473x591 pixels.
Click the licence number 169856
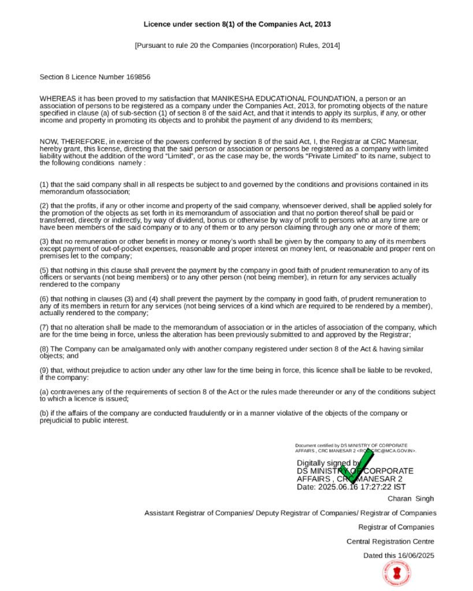coord(138,77)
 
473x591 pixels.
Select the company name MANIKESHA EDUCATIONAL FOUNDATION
coord(283,99)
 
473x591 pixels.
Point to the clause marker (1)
coord(44,185)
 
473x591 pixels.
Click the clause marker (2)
coord(44,206)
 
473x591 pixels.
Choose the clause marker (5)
coord(44,270)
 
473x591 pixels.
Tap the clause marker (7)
coord(44,328)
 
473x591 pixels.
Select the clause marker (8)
coord(44,349)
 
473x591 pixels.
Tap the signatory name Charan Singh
coord(411,499)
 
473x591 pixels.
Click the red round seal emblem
coord(397,574)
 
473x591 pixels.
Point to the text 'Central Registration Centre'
coord(390,541)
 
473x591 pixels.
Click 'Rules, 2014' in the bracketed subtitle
coord(321,45)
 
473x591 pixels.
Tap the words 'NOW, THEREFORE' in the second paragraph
coord(72,142)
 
